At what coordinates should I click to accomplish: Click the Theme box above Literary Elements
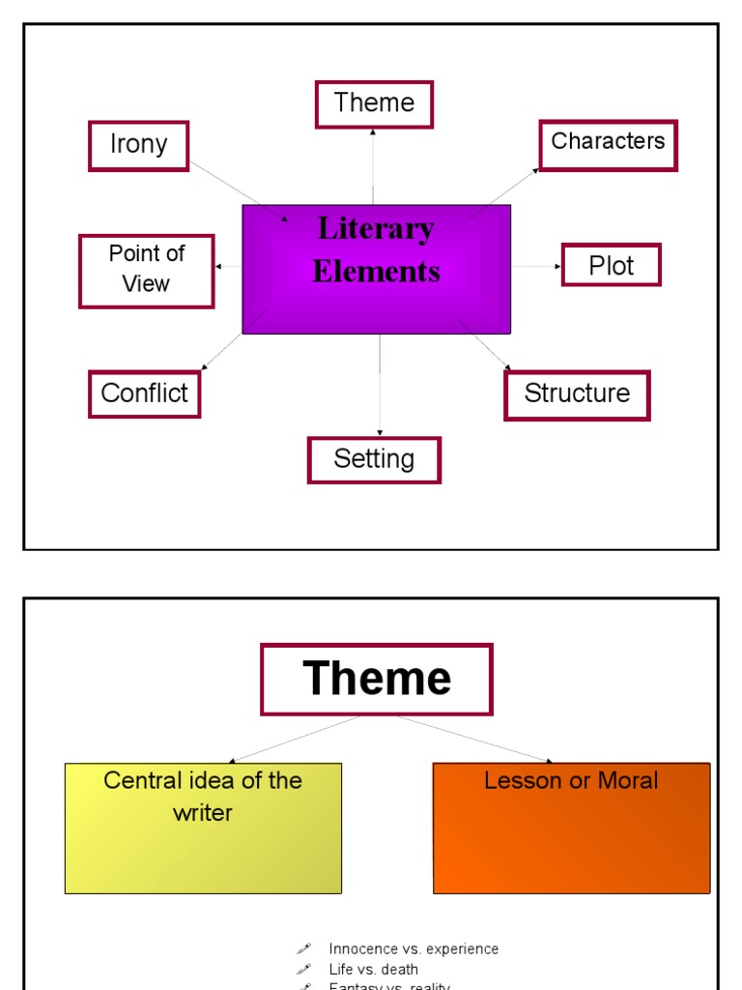pos(374,104)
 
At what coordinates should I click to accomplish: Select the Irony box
pos(138,145)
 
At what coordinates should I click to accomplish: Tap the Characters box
pos(608,144)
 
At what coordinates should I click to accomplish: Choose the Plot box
pos(611,265)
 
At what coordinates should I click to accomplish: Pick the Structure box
pos(577,394)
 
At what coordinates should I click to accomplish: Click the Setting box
pos(374,459)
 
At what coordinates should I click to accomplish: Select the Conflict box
pos(144,393)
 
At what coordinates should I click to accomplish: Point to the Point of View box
pos(146,271)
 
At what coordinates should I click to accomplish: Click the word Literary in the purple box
pos(376,229)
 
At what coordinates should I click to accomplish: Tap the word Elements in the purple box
pos(376,272)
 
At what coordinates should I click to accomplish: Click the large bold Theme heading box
pos(376,679)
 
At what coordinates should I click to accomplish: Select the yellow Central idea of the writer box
pos(203,828)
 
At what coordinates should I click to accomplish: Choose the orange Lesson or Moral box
pos(571,828)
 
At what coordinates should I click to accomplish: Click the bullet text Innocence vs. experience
pos(414,949)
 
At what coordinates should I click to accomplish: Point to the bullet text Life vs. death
pos(373,969)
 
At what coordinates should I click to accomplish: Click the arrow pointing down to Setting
pos(380,387)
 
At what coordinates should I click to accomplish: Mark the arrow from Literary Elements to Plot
pos(536,266)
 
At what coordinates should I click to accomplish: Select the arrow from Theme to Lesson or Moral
pos(473,739)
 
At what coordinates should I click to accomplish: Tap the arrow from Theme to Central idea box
pos(295,739)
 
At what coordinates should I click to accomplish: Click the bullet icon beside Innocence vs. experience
pos(303,949)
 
